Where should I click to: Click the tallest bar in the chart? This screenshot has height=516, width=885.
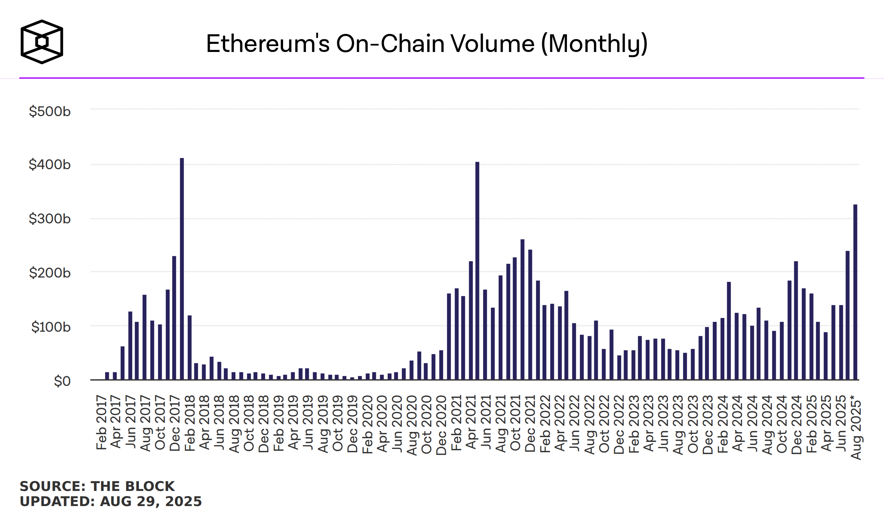(x=182, y=269)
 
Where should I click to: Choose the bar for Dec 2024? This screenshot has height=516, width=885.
(x=796, y=321)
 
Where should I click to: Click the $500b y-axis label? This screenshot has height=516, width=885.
(x=50, y=111)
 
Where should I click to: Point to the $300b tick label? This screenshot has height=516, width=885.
(x=50, y=219)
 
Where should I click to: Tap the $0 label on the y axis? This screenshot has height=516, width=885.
(x=62, y=381)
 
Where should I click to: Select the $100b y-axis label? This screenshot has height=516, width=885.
(x=50, y=327)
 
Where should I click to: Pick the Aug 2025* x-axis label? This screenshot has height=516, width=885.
(x=856, y=428)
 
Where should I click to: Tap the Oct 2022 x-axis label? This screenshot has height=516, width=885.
(x=604, y=424)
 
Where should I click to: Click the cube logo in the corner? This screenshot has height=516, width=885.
(x=42, y=42)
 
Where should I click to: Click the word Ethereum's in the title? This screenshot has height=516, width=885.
(x=268, y=44)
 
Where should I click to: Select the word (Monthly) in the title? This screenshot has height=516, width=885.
(x=594, y=44)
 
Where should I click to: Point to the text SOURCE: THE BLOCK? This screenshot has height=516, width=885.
(x=97, y=486)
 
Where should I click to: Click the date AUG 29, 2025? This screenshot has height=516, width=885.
(x=151, y=502)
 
